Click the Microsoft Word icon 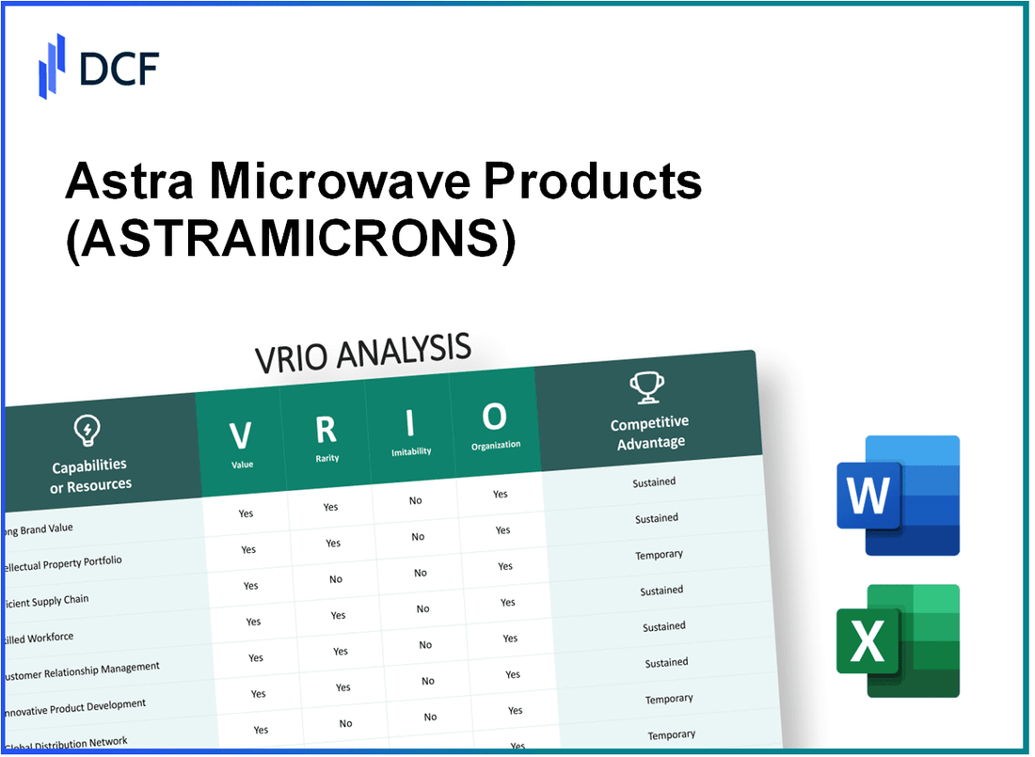click(897, 496)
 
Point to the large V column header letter click(241, 435)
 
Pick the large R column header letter click(326, 429)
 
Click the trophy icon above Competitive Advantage click(648, 387)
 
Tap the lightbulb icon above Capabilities click(87, 431)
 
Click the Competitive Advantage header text click(650, 433)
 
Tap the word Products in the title click(594, 181)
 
